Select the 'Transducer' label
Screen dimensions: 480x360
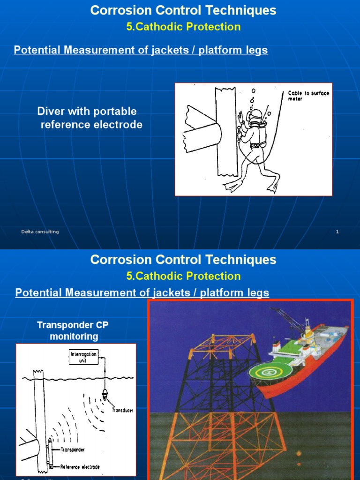(122, 410)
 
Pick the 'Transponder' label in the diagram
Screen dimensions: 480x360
(72, 450)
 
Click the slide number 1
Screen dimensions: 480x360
(337, 232)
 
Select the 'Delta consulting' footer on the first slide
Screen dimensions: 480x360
(40, 232)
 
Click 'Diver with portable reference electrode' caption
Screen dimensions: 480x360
(89, 118)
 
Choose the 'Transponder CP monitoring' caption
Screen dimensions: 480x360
(73, 330)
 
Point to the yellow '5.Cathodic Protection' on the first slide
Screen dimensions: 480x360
(183, 27)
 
